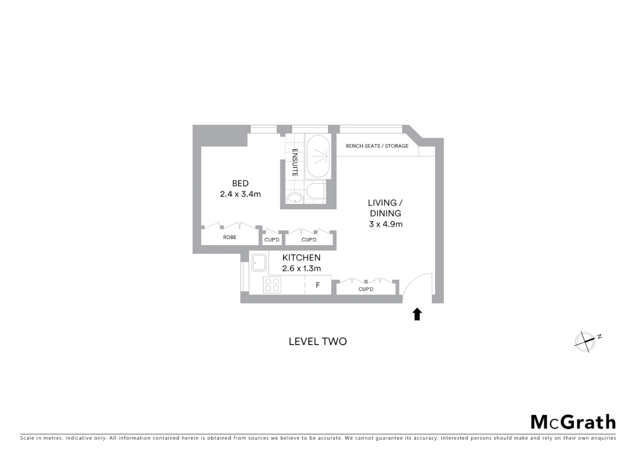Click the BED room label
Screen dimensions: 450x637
[x=240, y=183]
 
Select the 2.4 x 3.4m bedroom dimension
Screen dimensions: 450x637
[x=240, y=194]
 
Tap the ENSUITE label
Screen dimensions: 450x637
[x=295, y=162]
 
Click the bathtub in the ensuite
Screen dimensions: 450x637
[x=318, y=157]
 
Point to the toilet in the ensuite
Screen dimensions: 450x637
[x=315, y=192]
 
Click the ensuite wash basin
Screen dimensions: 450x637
[x=295, y=198]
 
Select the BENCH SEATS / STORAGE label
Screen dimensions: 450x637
[x=377, y=146]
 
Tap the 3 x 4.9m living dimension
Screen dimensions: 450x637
[x=386, y=224]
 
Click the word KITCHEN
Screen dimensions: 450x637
[x=301, y=258]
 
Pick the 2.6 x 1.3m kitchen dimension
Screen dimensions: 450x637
[x=301, y=269]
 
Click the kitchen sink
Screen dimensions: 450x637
[x=258, y=263]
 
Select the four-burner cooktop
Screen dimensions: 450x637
[x=272, y=285]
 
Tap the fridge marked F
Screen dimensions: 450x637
[x=318, y=285]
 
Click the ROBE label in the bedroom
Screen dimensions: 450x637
[x=229, y=237]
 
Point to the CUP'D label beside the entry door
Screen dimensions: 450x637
[x=366, y=289]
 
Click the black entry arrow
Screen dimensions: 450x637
[x=417, y=314]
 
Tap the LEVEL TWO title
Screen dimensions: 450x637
[x=318, y=342]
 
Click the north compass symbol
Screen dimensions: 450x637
[x=585, y=342]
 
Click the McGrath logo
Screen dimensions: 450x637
[x=573, y=422]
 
